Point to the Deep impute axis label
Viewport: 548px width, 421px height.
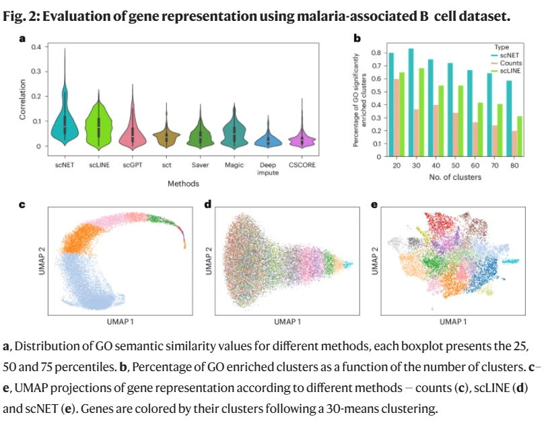[269, 168]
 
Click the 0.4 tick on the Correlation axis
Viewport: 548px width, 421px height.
[36, 46]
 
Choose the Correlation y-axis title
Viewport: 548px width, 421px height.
[22, 100]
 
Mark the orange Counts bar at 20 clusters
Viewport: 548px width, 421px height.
[397, 118]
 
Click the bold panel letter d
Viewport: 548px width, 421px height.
[206, 203]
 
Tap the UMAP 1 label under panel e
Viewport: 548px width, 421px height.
[455, 322]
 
